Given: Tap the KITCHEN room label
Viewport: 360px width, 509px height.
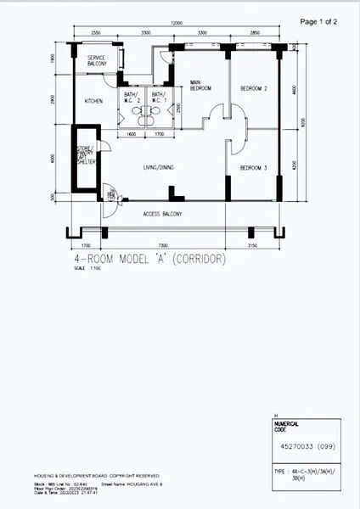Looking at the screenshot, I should click(94, 101).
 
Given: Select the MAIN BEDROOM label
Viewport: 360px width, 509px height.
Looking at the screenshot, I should click(200, 85).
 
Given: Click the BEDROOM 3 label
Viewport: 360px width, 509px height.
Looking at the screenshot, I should click(253, 168).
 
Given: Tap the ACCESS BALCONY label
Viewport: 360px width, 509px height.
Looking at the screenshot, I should click(162, 213).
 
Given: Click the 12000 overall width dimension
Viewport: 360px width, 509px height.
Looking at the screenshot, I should click(176, 23).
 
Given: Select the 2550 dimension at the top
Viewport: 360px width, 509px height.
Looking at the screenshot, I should click(96, 32).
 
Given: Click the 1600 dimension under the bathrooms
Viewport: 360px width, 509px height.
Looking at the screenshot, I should click(132, 134).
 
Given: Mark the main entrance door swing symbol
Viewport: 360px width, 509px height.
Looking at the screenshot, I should click(108, 193).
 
